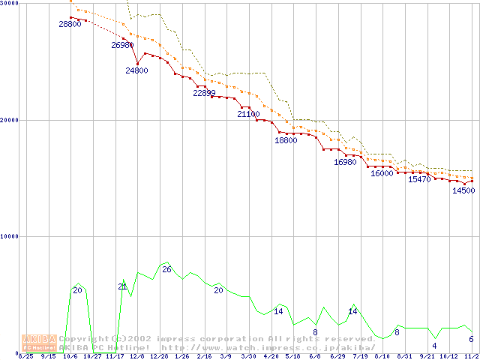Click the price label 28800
pos(70,24)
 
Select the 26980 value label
pos(122,45)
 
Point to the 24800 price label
pos(137,70)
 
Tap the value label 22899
pos(204,93)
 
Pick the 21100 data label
pos(248,114)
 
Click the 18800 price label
pos(286,140)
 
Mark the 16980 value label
pos(345,162)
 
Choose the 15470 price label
pos(419,179)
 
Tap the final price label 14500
pos(463,190)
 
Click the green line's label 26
pos(166,269)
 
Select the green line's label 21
pos(122,286)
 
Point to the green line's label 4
pos(434,346)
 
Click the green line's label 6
pos(471,339)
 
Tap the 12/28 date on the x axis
pos(159,356)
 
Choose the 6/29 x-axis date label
pos(337,356)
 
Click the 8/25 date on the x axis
pos(26,356)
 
